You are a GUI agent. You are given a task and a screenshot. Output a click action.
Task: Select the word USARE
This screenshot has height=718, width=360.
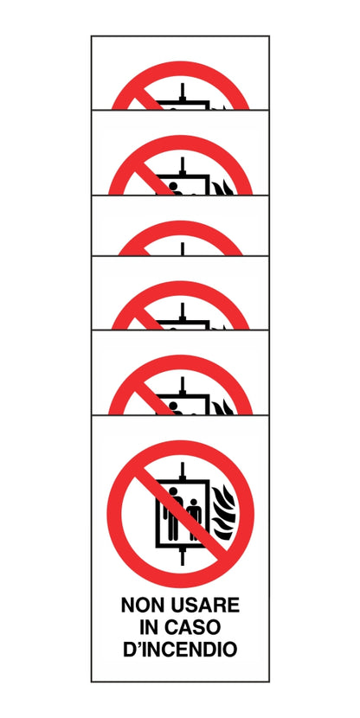205,605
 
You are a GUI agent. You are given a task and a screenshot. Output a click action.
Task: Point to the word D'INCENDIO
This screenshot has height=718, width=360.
180,650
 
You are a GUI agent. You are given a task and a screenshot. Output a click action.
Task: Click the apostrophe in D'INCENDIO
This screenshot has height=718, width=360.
138,644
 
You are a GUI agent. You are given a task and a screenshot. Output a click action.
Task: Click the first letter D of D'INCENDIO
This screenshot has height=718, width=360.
130,650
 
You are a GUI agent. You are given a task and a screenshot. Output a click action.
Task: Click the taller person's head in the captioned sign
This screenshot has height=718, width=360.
173,491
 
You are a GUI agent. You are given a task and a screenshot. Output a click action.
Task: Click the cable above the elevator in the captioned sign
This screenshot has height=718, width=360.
183,471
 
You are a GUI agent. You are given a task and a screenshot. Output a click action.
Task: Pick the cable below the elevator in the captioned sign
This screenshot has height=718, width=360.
183,556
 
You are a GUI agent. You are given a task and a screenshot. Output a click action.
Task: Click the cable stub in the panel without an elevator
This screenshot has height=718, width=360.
183,248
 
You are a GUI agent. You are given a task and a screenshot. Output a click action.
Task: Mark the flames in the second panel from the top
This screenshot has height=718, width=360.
223,188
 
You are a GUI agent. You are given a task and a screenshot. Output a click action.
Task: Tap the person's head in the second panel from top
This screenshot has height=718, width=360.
173,186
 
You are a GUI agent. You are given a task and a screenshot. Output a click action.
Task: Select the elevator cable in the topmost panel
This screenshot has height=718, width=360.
183,91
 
